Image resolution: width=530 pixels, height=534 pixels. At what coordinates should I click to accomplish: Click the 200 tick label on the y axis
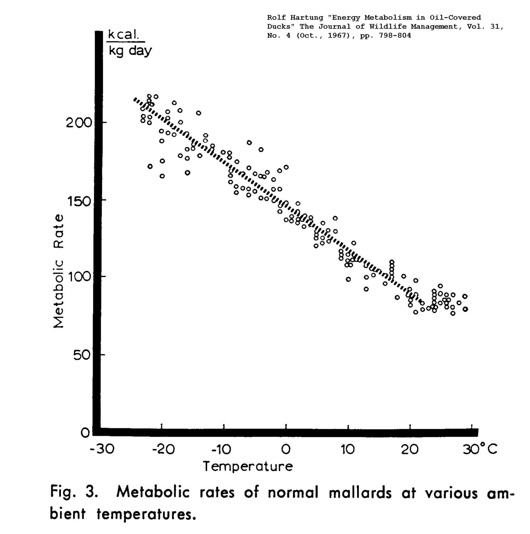[79, 123]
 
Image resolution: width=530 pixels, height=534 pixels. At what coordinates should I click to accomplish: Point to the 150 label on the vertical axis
[79, 201]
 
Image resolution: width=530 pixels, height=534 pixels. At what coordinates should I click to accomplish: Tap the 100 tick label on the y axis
[79, 277]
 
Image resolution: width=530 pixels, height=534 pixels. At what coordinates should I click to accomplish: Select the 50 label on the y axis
[82, 355]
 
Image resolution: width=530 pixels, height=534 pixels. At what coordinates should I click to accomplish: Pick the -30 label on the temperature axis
[102, 450]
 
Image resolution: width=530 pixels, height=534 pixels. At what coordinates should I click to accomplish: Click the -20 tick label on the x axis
[163, 450]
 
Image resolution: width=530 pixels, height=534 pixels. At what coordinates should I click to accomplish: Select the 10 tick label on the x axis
[348, 450]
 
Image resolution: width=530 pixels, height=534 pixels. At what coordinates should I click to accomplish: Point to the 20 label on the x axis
[410, 450]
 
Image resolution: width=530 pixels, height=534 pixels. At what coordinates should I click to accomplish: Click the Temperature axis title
[248, 466]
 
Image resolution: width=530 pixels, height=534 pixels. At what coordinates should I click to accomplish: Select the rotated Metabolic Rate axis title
[59, 271]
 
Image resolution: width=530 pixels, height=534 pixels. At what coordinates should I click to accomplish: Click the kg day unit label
[130, 51]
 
